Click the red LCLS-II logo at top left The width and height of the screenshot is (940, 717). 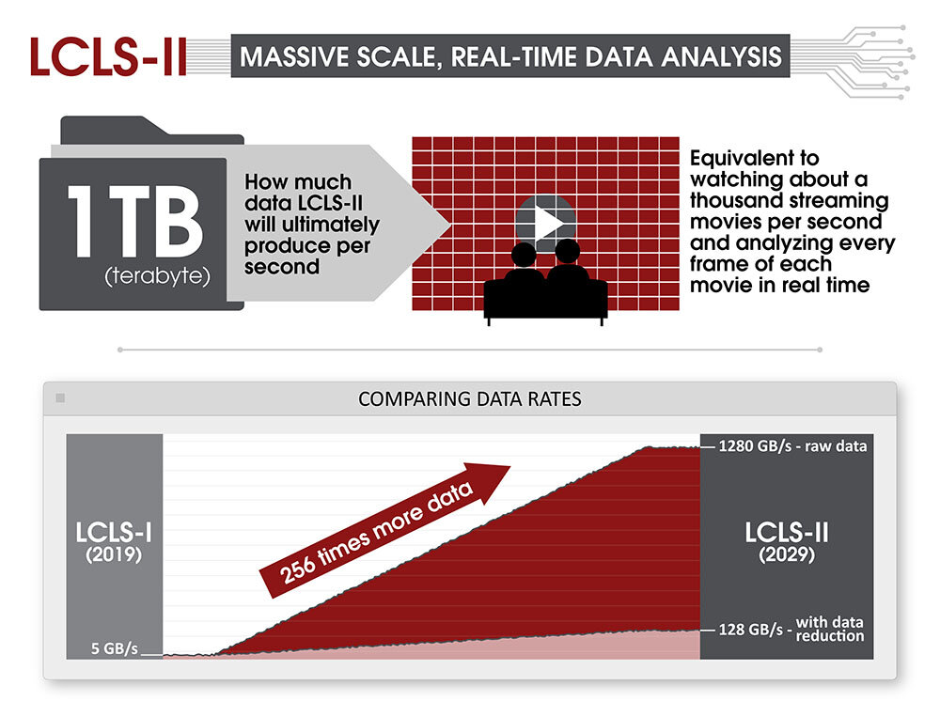tap(108, 56)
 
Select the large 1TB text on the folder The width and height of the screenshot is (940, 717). tap(135, 221)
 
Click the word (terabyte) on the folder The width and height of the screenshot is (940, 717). tap(157, 276)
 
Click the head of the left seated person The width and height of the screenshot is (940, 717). tap(524, 255)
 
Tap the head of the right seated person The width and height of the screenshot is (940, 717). tap(567, 251)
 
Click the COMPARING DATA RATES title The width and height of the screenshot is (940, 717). tap(470, 399)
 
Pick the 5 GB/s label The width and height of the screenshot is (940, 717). tap(115, 648)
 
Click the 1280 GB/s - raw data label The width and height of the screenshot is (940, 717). tap(792, 446)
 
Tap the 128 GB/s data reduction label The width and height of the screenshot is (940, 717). tap(791, 629)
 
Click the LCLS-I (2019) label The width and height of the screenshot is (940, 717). tap(114, 542)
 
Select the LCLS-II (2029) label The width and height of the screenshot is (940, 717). tap(787, 542)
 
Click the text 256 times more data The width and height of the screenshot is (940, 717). tap(377, 533)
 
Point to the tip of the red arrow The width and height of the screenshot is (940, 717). tap(510, 466)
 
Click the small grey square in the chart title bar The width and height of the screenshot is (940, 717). tap(60, 398)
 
